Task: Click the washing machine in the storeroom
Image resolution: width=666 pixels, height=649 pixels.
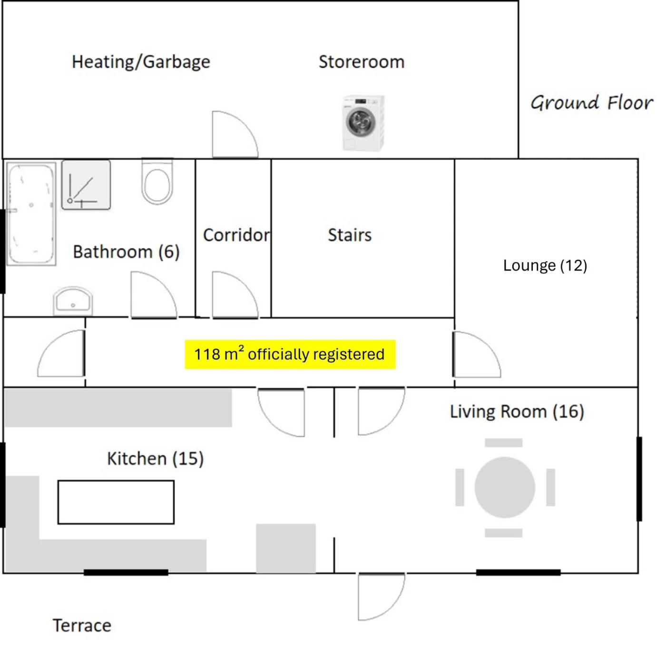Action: [363, 123]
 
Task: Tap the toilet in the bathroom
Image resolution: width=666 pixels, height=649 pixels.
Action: [157, 181]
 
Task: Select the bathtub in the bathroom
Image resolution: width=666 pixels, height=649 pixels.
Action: [31, 214]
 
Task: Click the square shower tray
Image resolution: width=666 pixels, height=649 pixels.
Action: [86, 185]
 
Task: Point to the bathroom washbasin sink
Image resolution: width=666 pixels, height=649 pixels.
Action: [73, 301]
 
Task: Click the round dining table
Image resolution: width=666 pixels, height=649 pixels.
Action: [505, 487]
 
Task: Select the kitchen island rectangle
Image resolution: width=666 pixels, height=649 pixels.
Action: [116, 502]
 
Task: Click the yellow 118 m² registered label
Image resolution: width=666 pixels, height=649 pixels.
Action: [290, 354]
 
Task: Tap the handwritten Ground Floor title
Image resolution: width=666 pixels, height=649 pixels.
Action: [592, 103]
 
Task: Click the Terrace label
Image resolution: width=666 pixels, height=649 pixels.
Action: [82, 625]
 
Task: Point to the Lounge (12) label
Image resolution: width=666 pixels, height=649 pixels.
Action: [545, 265]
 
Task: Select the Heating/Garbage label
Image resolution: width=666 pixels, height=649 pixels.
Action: [141, 62]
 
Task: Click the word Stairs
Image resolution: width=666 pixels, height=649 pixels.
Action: [350, 235]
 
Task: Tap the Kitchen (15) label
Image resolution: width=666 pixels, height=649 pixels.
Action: [156, 459]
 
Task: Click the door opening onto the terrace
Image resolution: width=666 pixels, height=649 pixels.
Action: [382, 596]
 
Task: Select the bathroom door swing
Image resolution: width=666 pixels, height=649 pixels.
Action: [154, 295]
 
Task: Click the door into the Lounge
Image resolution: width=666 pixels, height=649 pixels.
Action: [477, 354]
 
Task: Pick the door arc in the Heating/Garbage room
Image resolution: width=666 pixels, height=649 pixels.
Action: [235, 134]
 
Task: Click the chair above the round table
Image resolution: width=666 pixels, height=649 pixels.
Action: [504, 443]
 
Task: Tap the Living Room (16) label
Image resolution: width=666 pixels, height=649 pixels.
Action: [517, 411]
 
